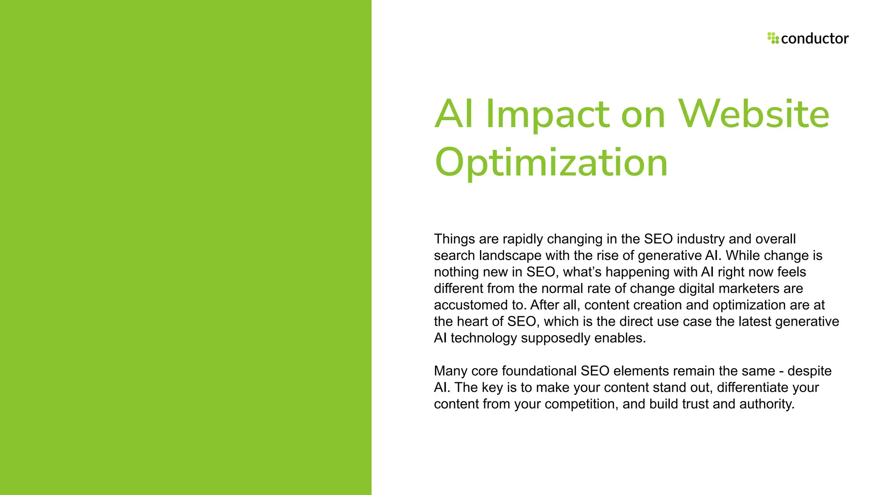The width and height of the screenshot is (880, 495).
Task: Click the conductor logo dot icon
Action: (x=773, y=38)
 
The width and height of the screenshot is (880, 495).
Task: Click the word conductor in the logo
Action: (x=815, y=39)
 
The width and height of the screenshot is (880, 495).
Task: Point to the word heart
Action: (x=478, y=321)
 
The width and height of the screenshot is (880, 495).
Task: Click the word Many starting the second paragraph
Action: (x=450, y=371)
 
